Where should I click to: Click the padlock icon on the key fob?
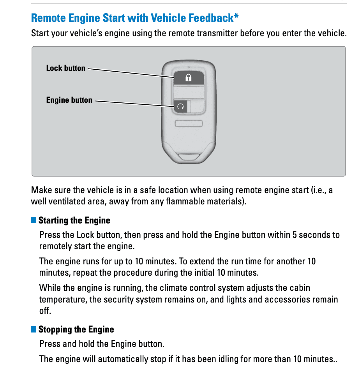(189, 78)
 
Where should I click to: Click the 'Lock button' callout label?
(65, 68)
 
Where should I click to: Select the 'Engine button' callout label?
(69, 100)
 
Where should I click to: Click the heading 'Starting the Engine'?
(74, 220)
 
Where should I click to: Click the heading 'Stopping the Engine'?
(76, 329)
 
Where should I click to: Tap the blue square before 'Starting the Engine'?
(34, 220)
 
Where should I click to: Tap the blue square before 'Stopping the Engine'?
(34, 329)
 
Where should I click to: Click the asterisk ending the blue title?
(236, 17)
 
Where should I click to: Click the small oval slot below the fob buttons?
(189, 123)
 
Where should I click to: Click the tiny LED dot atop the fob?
(189, 67)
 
